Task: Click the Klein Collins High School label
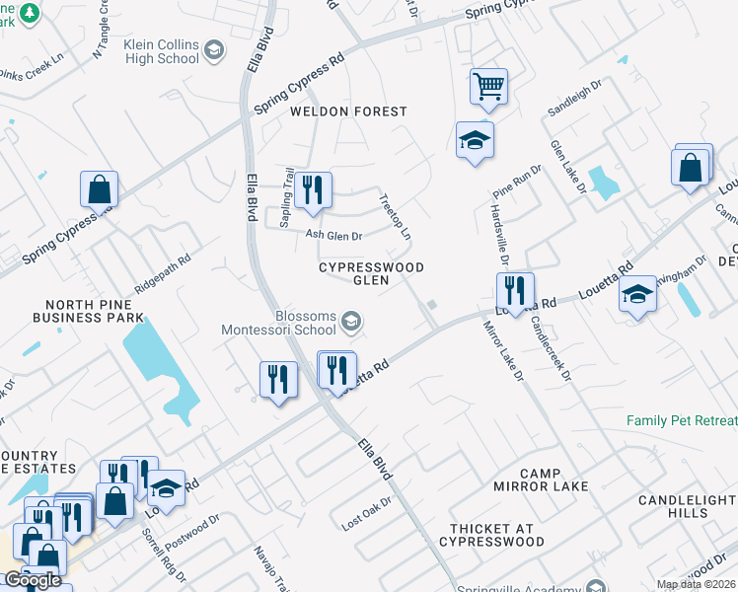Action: (161, 51)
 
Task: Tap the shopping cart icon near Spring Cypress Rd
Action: (488, 86)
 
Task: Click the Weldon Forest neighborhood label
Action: (348, 111)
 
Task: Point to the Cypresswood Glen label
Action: (371, 273)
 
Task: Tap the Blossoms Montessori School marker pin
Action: (350, 320)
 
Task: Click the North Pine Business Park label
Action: (88, 311)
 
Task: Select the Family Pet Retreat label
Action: (682, 421)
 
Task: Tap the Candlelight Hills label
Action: (687, 506)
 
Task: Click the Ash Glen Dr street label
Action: (333, 236)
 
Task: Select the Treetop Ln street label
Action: (395, 217)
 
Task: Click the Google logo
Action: (32, 580)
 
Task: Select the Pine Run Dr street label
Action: (517, 180)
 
